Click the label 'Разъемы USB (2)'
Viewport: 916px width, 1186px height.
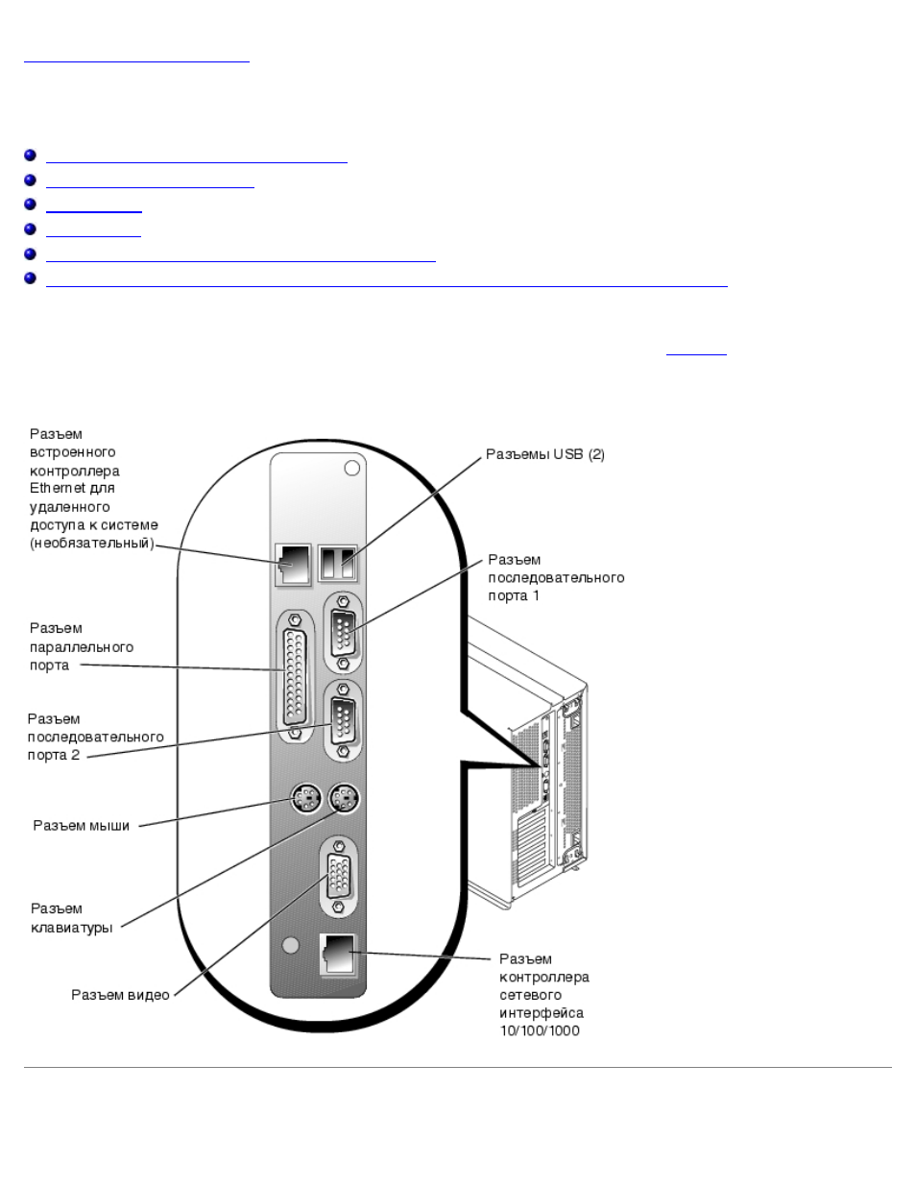click(x=545, y=454)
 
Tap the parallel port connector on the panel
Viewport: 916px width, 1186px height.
click(x=295, y=676)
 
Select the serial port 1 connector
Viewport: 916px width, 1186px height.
click(x=343, y=633)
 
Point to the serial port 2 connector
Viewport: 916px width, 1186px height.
click(x=343, y=720)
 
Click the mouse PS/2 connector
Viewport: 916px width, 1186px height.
click(x=304, y=798)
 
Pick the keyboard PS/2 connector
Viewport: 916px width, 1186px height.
click(x=344, y=798)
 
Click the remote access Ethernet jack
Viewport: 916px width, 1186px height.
click(x=293, y=565)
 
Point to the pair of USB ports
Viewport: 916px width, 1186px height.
click(x=338, y=563)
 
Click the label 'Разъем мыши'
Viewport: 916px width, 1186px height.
click(x=82, y=825)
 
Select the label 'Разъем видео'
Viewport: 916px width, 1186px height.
click(x=120, y=995)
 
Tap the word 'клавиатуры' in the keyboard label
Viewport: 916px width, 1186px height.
click(x=71, y=928)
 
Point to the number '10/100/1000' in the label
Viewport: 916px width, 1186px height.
click(x=540, y=1030)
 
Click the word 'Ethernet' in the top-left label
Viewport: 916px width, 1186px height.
click(x=58, y=488)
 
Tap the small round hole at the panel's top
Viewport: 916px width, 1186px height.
click(x=352, y=469)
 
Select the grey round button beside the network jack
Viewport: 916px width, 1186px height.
click(x=291, y=945)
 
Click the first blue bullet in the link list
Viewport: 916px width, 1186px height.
click(x=30, y=155)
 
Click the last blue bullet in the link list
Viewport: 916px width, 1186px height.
click(x=30, y=278)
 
